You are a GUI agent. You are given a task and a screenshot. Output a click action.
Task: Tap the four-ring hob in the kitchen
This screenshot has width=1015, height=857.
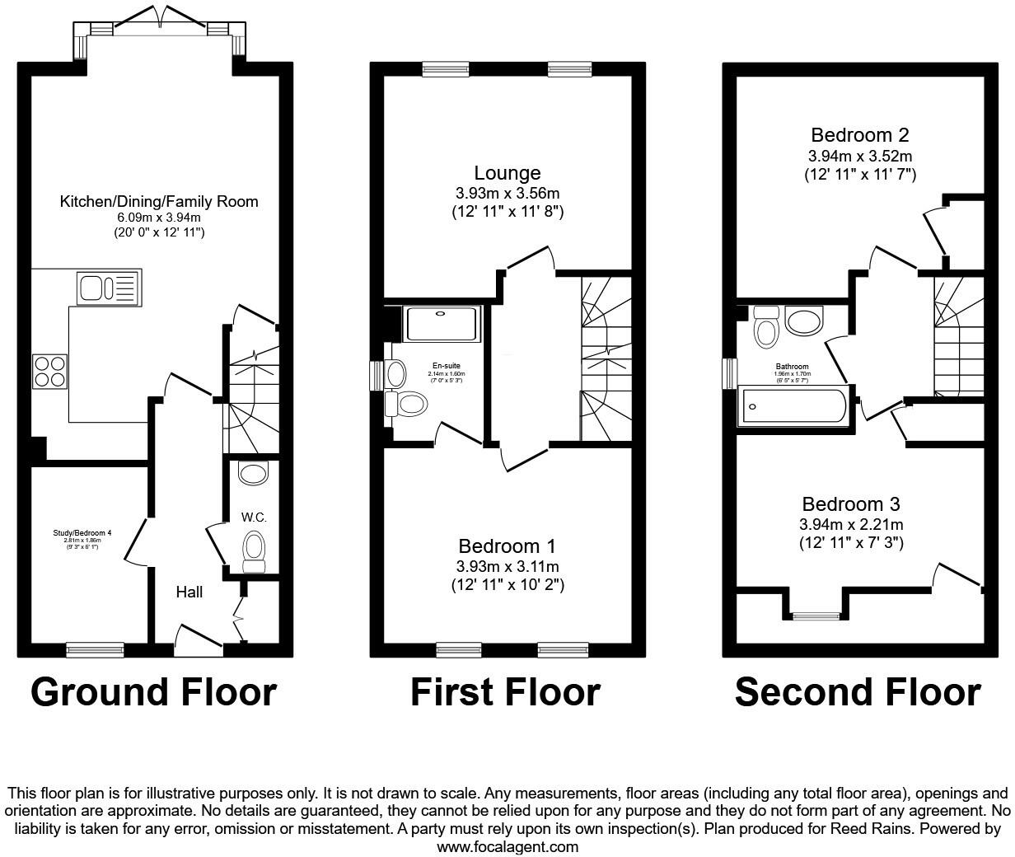[49, 370]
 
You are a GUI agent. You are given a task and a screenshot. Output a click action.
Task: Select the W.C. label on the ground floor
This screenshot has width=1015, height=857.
[253, 517]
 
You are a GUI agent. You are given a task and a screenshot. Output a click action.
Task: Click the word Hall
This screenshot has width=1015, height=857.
[189, 592]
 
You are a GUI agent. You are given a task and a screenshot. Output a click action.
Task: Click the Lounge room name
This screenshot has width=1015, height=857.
[507, 173]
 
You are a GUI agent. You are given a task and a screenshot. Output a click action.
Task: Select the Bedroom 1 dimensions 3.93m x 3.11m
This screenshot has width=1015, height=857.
[507, 567]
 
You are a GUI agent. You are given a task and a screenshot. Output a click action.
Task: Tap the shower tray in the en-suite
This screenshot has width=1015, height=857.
[442, 324]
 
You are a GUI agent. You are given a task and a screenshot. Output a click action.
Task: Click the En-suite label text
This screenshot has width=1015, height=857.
[446, 366]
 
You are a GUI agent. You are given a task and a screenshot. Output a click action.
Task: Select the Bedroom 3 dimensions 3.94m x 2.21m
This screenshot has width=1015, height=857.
[851, 525]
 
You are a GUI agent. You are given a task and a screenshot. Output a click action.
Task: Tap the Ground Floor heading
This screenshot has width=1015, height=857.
[154, 692]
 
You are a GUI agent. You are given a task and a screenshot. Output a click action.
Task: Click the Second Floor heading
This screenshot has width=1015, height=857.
[858, 692]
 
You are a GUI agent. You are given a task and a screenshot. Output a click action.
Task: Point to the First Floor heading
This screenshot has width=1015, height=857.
[505, 692]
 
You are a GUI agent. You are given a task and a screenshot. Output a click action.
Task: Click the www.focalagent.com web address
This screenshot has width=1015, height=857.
[507, 846]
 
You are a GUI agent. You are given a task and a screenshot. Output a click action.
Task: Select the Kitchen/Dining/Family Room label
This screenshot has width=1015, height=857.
[159, 202]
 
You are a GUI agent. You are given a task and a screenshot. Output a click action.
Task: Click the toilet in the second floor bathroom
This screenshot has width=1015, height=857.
[767, 330]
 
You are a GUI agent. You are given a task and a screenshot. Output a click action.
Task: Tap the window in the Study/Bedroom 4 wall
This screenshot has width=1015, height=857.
[95, 650]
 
